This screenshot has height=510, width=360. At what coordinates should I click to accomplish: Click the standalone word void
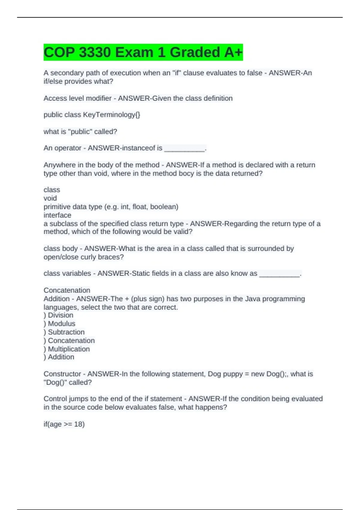click(50, 198)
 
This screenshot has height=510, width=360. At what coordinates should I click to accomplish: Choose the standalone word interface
click(57, 215)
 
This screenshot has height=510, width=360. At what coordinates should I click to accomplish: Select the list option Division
click(61, 315)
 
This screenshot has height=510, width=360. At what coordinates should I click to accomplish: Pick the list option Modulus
click(61, 324)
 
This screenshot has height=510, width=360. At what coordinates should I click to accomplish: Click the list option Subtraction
click(66, 332)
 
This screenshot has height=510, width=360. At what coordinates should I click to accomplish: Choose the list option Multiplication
click(69, 349)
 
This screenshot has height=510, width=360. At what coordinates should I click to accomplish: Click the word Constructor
click(62, 374)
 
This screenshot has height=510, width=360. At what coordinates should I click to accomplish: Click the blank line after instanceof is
click(184, 149)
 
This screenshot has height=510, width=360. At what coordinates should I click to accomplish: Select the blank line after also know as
click(279, 274)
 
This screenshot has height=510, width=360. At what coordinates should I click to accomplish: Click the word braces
click(112, 257)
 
